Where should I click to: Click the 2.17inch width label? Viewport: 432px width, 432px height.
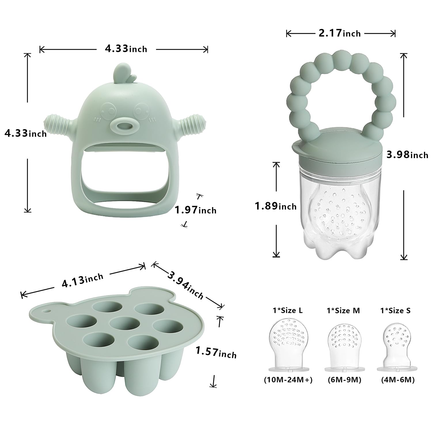(x=340, y=33)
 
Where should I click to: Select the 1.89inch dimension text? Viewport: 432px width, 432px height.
(x=276, y=206)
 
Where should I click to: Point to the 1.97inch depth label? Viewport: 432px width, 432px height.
(x=196, y=210)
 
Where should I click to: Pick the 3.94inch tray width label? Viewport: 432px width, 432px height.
(x=185, y=285)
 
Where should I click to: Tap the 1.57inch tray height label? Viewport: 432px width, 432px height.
(x=216, y=352)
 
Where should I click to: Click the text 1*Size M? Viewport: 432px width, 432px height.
(x=344, y=311)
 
